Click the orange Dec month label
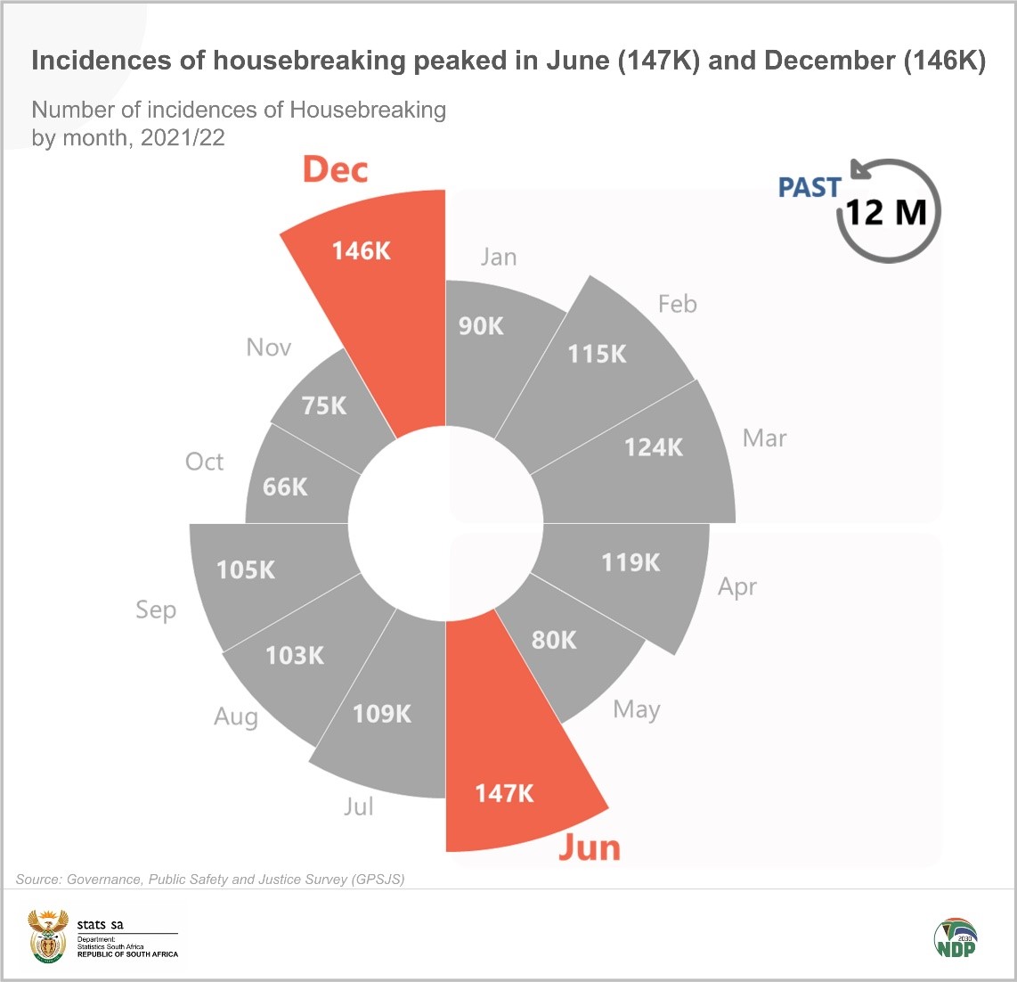335,169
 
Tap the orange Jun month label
589,847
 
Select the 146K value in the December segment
362,251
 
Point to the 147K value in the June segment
504,793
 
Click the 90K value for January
481,326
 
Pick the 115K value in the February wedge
598,354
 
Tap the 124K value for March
654,447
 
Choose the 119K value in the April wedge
631,562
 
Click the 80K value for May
554,640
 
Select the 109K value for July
382,714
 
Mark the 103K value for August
295,656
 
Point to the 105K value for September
247,569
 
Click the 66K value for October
285,487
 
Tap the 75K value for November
324,405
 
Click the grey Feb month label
677,304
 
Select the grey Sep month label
156,610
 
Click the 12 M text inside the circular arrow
886,213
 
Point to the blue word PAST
810,187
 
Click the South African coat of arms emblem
47,936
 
